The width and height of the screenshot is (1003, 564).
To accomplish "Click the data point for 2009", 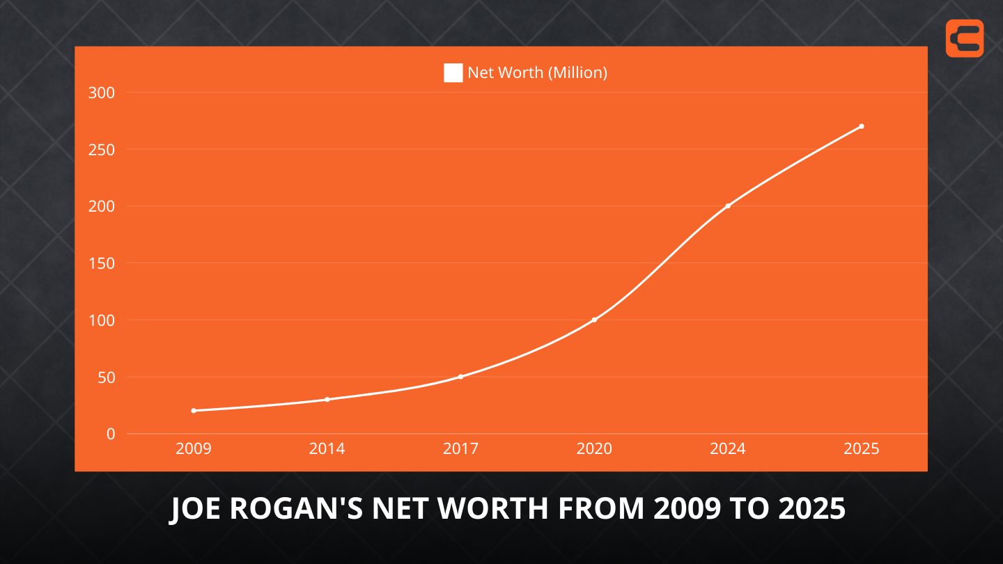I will tap(194, 411).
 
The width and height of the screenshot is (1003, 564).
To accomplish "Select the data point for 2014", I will tap(327, 400).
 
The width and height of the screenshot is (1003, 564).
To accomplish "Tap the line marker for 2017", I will tap(460, 377).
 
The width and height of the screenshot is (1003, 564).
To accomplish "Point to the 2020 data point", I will tap(594, 320).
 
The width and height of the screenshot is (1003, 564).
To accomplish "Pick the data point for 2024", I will tap(728, 206).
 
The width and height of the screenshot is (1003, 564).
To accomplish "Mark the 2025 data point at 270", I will tap(862, 126).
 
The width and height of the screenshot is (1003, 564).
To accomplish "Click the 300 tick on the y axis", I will tap(102, 93).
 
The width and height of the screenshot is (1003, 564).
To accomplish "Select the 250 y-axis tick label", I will tap(102, 150).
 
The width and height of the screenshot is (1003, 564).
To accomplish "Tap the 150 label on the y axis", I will tap(102, 263).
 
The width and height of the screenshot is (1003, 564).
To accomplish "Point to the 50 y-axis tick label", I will tap(105, 377).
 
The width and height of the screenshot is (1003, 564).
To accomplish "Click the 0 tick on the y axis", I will tap(111, 434).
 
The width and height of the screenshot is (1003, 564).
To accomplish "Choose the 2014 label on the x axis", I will tap(327, 449).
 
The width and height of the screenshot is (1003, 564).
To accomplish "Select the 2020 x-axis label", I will tap(594, 449).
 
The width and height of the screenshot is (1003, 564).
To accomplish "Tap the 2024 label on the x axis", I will tap(728, 449).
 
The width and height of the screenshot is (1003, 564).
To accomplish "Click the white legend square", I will tap(453, 72).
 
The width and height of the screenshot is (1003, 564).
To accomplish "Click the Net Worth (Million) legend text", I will tap(537, 72).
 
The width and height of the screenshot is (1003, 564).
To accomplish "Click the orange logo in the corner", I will tap(965, 38).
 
